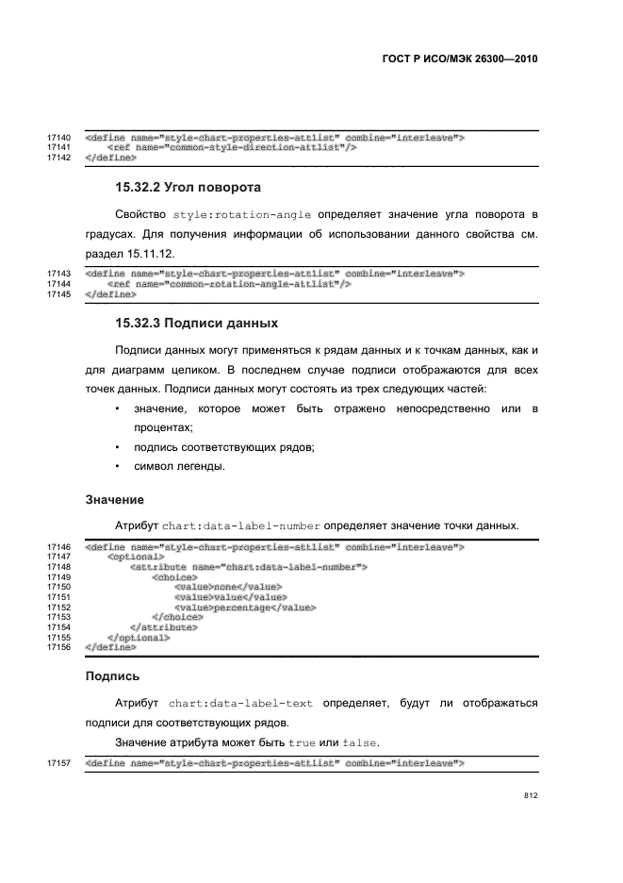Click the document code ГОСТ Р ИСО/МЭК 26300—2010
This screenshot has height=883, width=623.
click(459, 58)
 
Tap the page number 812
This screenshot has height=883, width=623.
click(531, 795)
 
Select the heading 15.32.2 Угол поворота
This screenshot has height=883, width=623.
click(188, 187)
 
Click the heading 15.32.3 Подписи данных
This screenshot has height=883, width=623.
click(196, 324)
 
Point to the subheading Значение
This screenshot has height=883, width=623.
click(114, 498)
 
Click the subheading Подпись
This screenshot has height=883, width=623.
click(112, 675)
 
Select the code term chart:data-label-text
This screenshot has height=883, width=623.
click(244, 703)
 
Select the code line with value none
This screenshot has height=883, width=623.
click(228, 587)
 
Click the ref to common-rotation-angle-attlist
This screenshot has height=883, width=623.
click(230, 284)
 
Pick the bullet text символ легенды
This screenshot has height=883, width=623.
click(180, 466)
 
